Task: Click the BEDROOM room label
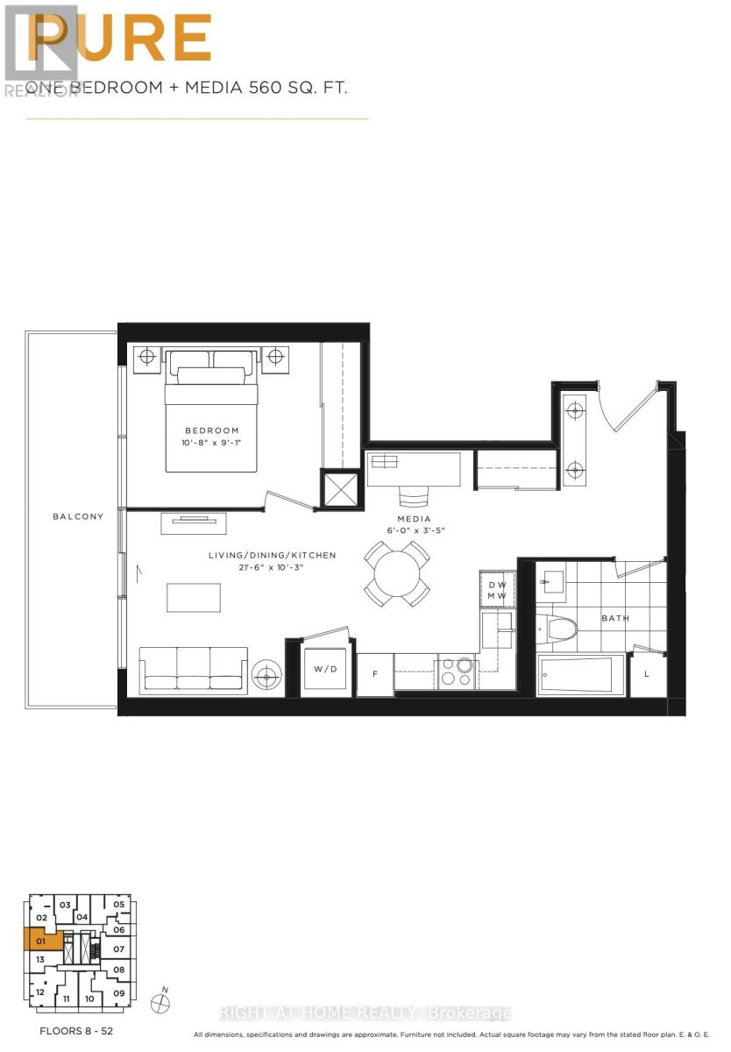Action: (211, 430)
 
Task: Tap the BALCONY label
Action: (78, 516)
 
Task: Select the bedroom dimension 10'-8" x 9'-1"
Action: (211, 444)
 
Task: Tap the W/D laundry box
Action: (324, 669)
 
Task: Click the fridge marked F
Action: (374, 674)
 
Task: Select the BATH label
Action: (614, 618)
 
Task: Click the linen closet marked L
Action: (647, 674)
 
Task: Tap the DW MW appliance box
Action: (497, 590)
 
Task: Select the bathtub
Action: (581, 674)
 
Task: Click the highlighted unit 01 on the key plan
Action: (40, 942)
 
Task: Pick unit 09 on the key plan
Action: (119, 993)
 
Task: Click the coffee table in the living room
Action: (194, 598)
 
